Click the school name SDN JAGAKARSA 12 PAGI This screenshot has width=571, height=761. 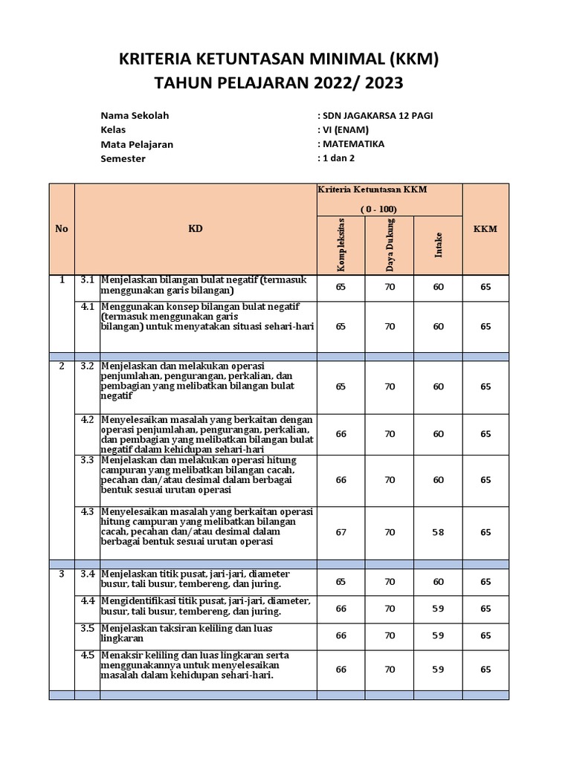pos(375,115)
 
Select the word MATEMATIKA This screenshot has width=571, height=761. pos(353,143)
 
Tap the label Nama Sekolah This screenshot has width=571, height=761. pos(135,116)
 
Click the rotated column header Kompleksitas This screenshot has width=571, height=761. pos(342,245)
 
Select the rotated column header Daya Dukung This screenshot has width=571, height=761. pos(390,245)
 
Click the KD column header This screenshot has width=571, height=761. pos(196,229)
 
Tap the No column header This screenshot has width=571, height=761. pos(62,229)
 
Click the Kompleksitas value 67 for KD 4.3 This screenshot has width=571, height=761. pos(341,532)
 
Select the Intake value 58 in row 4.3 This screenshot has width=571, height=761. pos(439,532)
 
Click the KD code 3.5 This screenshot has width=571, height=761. pos(88,629)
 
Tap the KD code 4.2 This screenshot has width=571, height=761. pos(88,420)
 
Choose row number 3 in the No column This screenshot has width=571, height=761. pos(62,574)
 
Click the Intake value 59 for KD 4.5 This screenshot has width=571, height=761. pos(439,670)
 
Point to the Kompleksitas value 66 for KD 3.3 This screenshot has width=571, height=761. pos(341,480)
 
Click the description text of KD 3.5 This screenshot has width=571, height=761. pos(187,633)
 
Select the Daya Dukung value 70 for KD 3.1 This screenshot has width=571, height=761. pos(390,285)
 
